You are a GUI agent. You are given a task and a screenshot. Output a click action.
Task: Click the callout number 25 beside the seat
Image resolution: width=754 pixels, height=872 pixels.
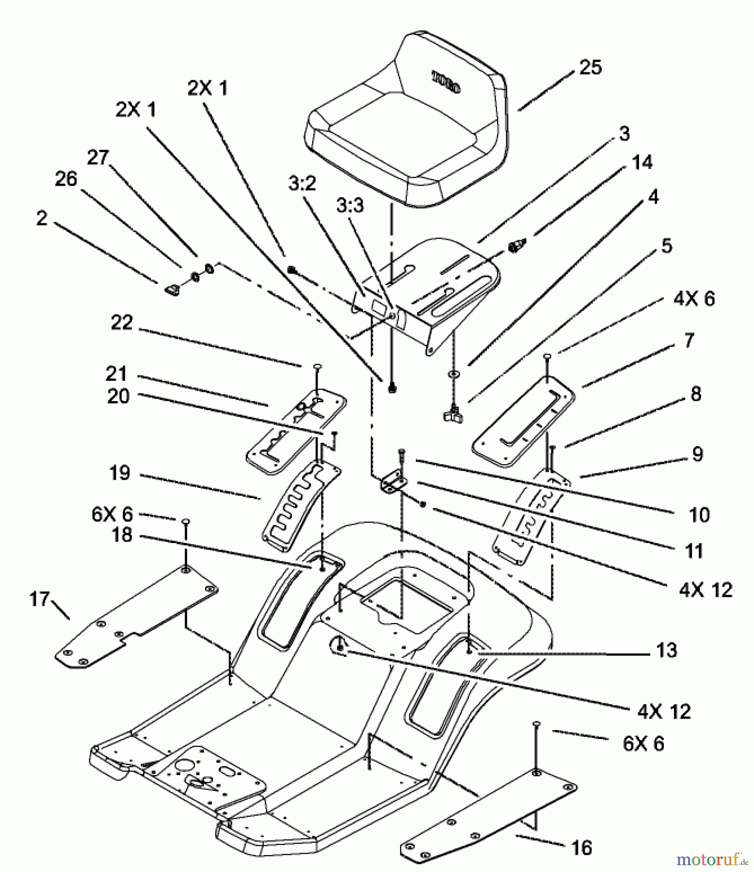pyautogui.click(x=590, y=67)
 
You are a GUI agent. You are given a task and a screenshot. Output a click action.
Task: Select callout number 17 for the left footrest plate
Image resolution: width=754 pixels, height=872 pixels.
pyautogui.click(x=39, y=599)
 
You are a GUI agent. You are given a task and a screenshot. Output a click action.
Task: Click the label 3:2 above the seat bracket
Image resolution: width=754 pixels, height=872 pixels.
pyautogui.click(x=302, y=184)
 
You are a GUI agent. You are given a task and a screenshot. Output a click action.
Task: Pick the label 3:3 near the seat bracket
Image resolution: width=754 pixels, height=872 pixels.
pyautogui.click(x=350, y=205)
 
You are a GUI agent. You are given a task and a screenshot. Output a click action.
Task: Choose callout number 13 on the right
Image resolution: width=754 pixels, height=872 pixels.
pyautogui.click(x=666, y=650)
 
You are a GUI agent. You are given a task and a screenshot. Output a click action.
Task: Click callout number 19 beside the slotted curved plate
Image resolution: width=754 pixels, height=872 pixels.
pyautogui.click(x=119, y=472)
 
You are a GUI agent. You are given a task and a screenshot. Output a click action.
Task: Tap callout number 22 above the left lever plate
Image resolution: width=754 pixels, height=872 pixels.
pyautogui.click(x=121, y=322)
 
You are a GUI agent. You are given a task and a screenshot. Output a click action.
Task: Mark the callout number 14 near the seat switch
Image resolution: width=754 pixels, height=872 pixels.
pyautogui.click(x=642, y=162)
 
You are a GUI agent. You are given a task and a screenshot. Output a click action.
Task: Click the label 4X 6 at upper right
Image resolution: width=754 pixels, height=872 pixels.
pyautogui.click(x=694, y=299)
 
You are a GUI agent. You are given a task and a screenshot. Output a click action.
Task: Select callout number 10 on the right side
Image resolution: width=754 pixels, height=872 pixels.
pyautogui.click(x=699, y=514)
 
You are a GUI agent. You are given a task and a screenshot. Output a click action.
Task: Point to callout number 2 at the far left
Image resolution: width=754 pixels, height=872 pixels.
pyautogui.click(x=42, y=218)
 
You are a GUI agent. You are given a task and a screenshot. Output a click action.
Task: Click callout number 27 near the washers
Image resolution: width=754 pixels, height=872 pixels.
pyautogui.click(x=98, y=157)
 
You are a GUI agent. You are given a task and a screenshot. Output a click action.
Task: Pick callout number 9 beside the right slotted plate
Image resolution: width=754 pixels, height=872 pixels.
pyautogui.click(x=697, y=454)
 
